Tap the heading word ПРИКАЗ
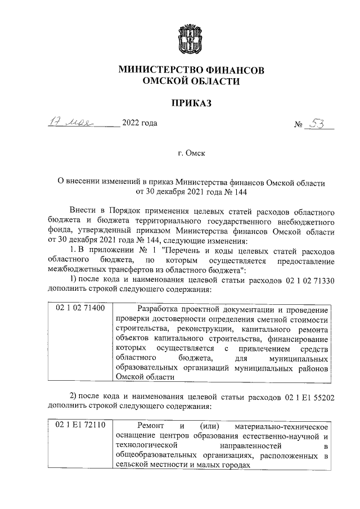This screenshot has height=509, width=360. coord(191,102)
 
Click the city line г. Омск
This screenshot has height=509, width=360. coord(191,152)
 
